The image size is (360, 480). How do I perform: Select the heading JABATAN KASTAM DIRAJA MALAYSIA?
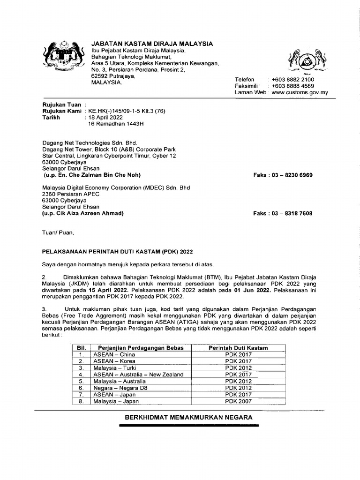coord(152,44)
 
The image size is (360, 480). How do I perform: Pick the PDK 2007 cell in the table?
coord(238,401)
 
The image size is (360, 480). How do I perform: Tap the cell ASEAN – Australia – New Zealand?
coord(138,375)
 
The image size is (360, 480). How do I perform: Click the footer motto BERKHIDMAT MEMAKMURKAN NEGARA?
coord(188,417)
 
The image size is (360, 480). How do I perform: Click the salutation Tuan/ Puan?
coord(58,232)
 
